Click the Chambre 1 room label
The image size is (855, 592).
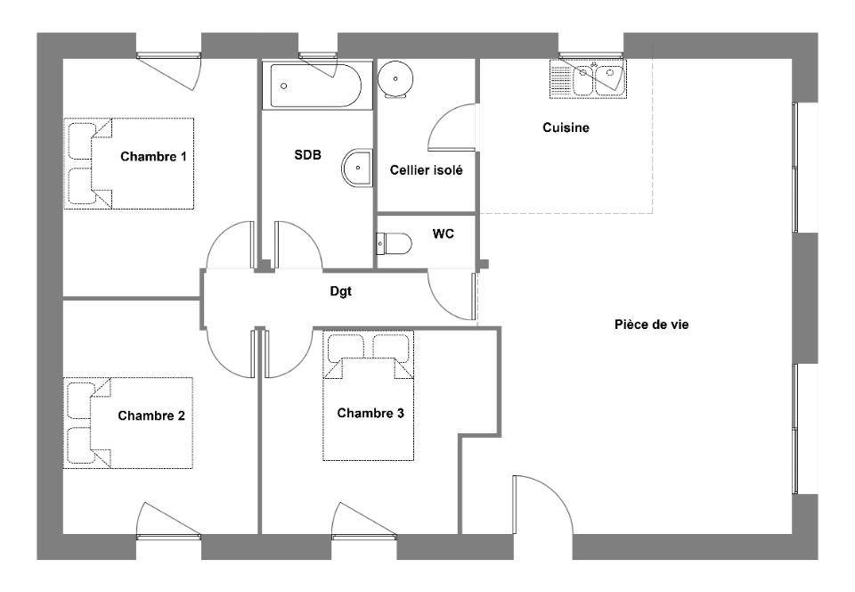point(153,157)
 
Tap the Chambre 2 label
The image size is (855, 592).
point(151,415)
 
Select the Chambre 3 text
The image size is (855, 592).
point(370,413)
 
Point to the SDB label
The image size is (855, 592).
point(307,155)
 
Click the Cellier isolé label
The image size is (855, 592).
point(426,170)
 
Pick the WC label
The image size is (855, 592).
point(443,234)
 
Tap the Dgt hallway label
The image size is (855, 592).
point(341,292)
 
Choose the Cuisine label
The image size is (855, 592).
point(566,127)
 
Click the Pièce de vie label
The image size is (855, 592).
point(651,325)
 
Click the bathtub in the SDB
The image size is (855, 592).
point(312,86)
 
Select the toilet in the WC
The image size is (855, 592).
point(394,243)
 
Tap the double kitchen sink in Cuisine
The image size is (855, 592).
point(588,79)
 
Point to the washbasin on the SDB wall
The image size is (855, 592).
point(358,168)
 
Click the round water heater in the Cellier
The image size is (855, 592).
point(395,78)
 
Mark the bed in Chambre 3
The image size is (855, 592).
point(368,396)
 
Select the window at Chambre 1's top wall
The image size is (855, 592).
point(168,55)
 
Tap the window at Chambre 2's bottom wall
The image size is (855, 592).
point(168,537)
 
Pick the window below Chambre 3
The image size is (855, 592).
point(364,537)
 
